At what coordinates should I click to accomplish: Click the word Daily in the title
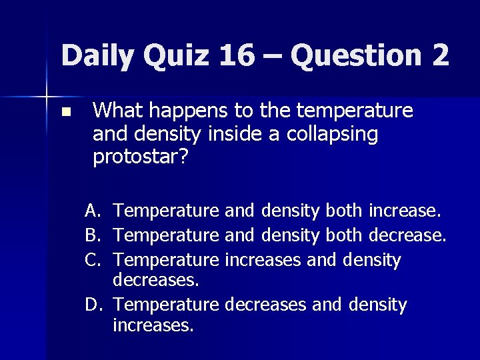tap(101, 55)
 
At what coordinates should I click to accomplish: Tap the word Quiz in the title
tap(179, 55)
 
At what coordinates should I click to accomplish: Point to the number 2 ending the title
tap(440, 55)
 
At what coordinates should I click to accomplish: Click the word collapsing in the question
tap(332, 134)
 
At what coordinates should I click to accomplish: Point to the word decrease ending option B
tap(405, 235)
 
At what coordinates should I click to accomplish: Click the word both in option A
tap(343, 211)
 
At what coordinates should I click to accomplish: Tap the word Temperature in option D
tap(166, 305)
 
